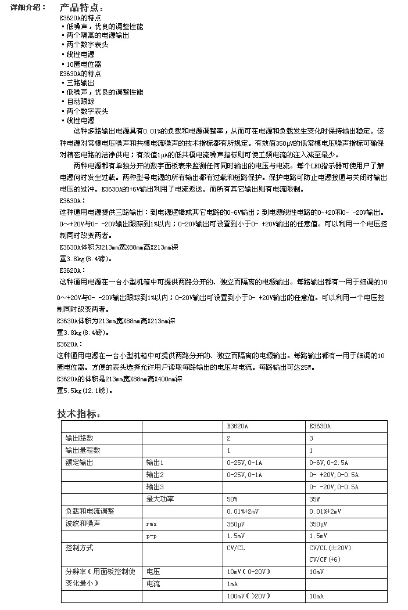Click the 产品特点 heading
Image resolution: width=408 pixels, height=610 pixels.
click(x=83, y=8)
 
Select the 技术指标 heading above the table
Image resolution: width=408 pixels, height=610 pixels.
click(x=80, y=414)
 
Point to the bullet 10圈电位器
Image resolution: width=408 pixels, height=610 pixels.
click(x=84, y=64)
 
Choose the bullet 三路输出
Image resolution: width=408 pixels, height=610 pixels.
click(x=80, y=83)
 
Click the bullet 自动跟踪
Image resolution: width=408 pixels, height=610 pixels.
click(x=80, y=102)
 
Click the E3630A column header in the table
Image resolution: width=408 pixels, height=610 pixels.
click(x=320, y=426)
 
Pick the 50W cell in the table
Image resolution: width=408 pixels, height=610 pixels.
click(x=232, y=499)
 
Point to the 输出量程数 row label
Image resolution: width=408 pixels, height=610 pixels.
click(x=83, y=450)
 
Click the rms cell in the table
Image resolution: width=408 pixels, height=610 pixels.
click(x=152, y=524)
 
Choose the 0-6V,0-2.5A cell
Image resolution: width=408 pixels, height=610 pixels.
click(x=329, y=463)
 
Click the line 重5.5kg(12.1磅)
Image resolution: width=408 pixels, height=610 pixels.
click(x=85, y=391)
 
